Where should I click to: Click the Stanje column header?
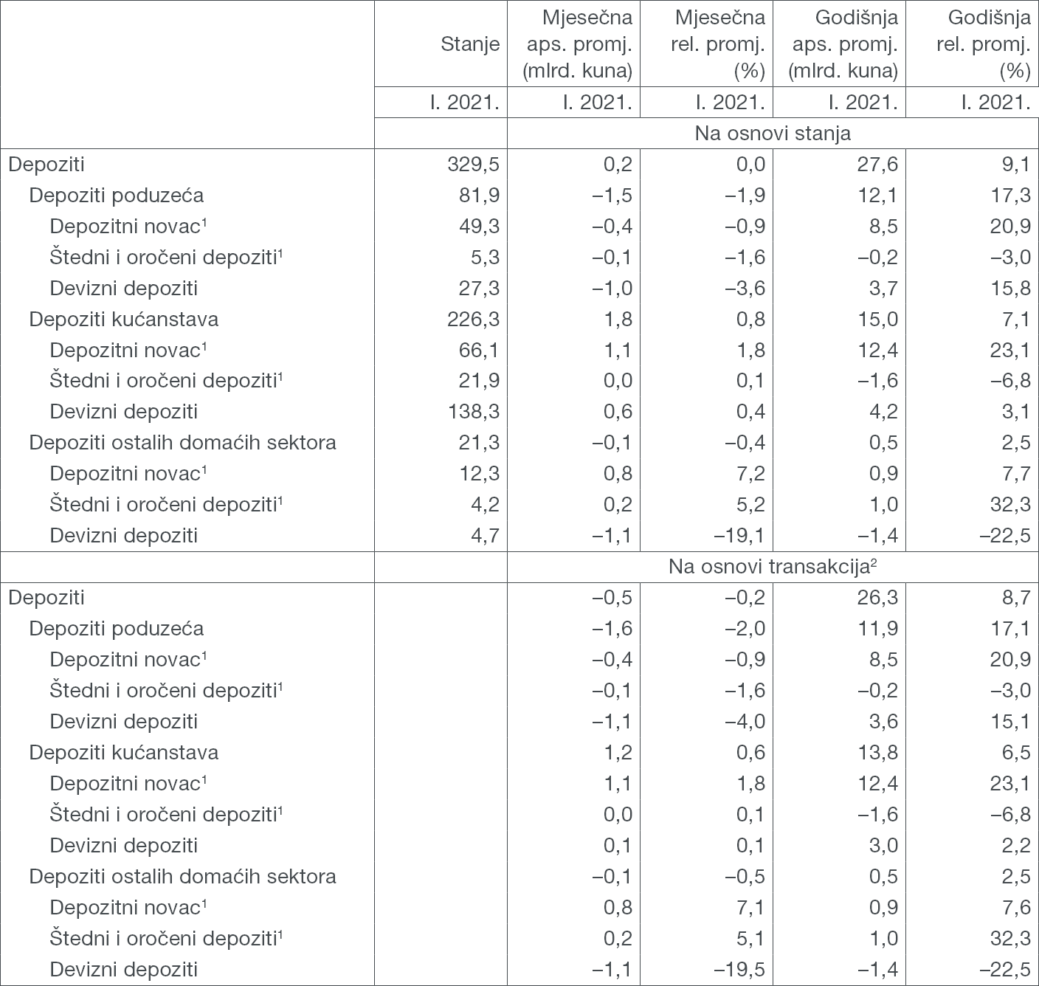click(470, 44)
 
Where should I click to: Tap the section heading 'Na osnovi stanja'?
click(773, 134)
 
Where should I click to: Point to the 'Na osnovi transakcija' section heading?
click(773, 567)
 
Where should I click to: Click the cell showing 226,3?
click(470, 319)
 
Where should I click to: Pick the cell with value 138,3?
click(470, 412)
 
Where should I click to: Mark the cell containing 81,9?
click(479, 195)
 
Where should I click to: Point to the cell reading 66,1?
click(479, 350)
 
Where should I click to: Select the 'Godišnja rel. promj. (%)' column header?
click(983, 44)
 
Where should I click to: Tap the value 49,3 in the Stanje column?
click(479, 226)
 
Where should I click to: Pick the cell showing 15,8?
click(1011, 288)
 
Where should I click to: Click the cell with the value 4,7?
click(485, 536)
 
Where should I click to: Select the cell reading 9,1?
click(1017, 164)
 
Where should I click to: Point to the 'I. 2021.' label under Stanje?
click(465, 103)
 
